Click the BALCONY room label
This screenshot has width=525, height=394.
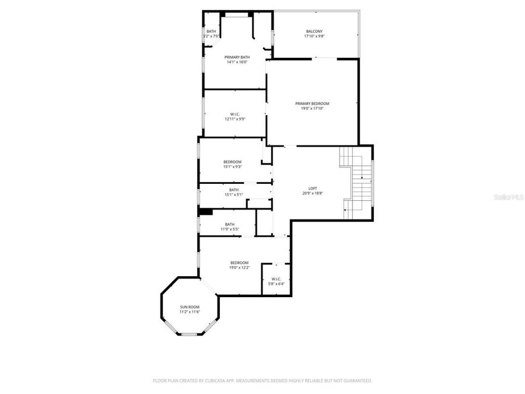pyautogui.click(x=314, y=32)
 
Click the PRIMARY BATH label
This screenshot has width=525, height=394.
pyautogui.click(x=237, y=57)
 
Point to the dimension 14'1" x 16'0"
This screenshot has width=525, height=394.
pyautogui.click(x=237, y=62)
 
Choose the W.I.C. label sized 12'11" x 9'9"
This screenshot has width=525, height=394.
pyautogui.click(x=235, y=114)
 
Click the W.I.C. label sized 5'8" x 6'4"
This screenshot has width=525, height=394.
pyautogui.click(x=276, y=279)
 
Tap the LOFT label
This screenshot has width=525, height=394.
pyautogui.click(x=313, y=189)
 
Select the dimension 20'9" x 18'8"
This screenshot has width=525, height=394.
pyautogui.click(x=313, y=193)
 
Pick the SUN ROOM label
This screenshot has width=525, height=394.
pyautogui.click(x=190, y=307)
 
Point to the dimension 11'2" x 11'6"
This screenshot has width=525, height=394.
pyautogui.click(x=190, y=312)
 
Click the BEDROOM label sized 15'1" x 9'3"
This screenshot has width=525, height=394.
pyautogui.click(x=232, y=162)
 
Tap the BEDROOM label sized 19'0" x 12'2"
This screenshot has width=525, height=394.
pyautogui.click(x=239, y=263)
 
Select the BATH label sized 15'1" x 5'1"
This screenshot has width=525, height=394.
pyautogui.click(x=233, y=190)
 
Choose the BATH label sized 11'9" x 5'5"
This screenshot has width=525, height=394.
pyautogui.click(x=230, y=224)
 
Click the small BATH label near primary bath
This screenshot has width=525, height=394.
pyautogui.click(x=211, y=32)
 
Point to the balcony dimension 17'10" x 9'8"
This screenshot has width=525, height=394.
pyautogui.click(x=314, y=36)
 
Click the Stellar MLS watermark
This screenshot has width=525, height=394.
pyautogui.click(x=509, y=198)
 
